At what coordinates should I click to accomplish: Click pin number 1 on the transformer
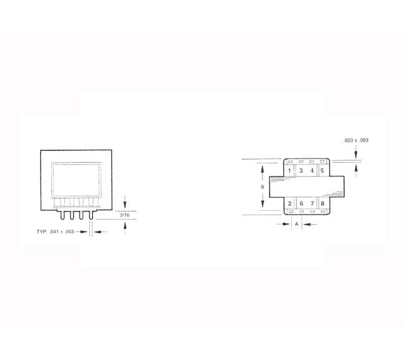(289, 171)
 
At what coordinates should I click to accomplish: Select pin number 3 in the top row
(301, 171)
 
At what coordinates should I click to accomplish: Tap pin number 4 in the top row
(312, 171)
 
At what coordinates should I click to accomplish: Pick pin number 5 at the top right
(322, 171)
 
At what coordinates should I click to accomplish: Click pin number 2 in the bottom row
(290, 204)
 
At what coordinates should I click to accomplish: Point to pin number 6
(301, 204)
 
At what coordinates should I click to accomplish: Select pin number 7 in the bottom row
(312, 204)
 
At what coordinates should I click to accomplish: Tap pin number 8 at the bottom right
(323, 204)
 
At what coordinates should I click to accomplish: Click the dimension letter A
(297, 224)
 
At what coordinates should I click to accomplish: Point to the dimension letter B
(262, 187)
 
